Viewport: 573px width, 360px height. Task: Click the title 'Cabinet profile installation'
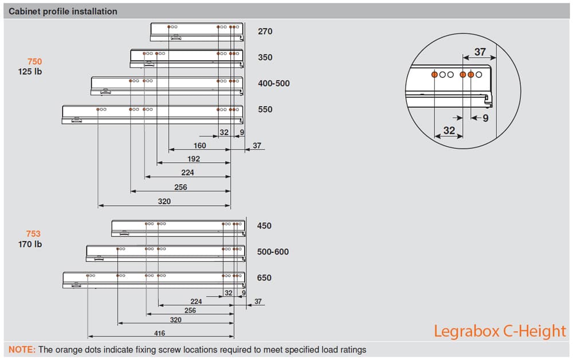tap(63, 11)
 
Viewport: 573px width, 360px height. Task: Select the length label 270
tap(265, 32)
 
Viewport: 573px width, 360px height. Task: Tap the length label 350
tap(265, 57)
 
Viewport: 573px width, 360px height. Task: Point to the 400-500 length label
tap(274, 83)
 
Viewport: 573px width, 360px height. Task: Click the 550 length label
tap(265, 109)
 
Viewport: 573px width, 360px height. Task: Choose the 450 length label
tap(264, 225)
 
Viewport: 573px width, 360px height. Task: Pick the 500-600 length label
tap(273, 252)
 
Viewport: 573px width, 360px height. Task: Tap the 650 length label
tap(264, 278)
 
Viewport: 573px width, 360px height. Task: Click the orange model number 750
tap(35, 61)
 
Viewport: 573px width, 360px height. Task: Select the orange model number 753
tap(33, 233)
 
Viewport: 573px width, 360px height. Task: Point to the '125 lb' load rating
tap(30, 72)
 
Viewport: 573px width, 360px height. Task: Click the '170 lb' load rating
tap(30, 244)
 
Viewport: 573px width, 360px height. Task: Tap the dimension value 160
tap(199, 146)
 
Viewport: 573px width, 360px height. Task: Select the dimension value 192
tap(194, 159)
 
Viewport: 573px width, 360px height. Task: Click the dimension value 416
tap(159, 333)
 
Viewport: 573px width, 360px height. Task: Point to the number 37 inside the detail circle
tap(480, 52)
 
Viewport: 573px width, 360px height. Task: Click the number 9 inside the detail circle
tap(485, 118)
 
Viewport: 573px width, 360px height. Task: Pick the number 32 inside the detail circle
tap(449, 131)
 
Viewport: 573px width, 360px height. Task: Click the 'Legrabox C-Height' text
tap(500, 331)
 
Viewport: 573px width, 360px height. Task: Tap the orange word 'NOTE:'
tap(22, 350)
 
